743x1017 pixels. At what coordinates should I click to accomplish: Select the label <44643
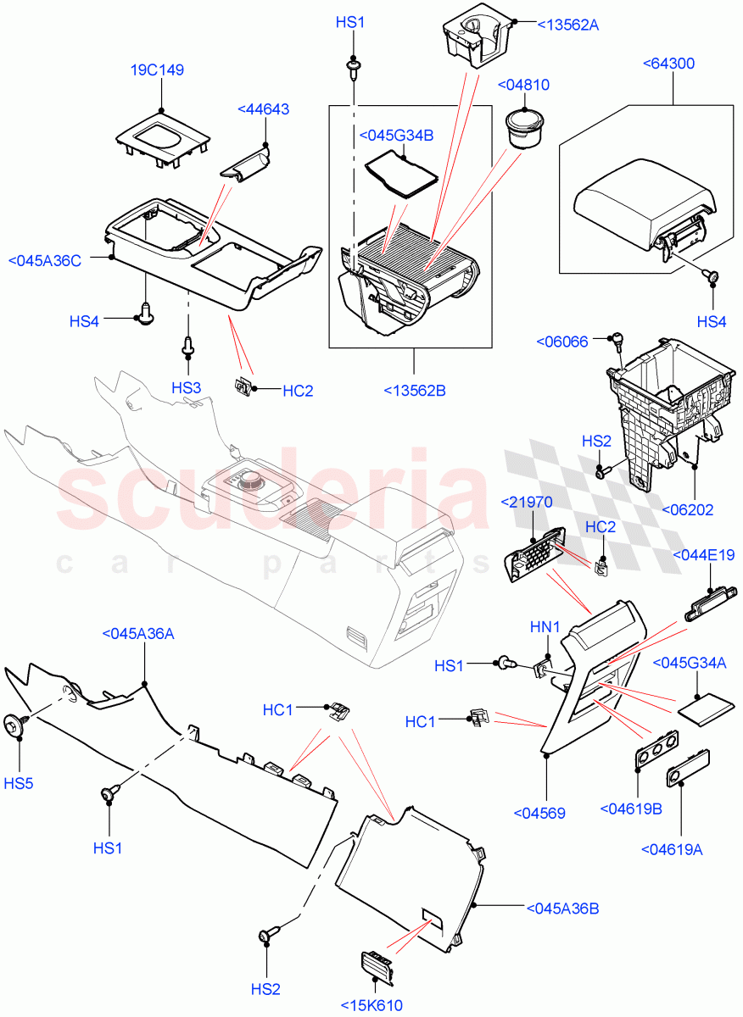point(263,108)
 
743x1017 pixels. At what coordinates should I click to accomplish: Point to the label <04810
point(522,85)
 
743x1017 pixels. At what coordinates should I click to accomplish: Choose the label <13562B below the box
point(414,391)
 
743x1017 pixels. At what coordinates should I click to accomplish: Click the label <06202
point(687,510)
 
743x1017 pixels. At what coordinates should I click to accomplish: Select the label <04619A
point(673,849)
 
